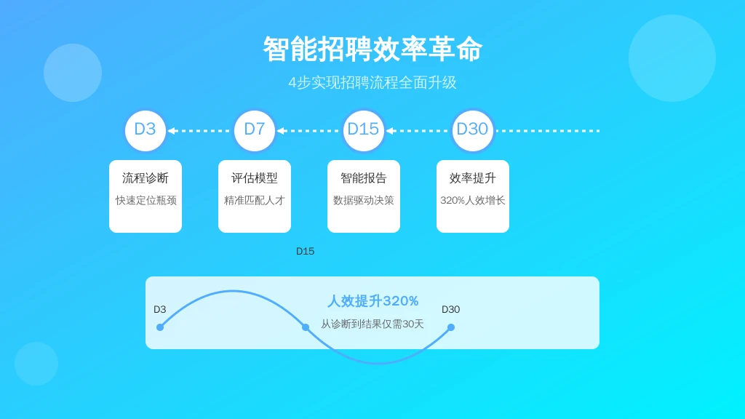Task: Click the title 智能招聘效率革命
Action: pyautogui.click(x=372, y=49)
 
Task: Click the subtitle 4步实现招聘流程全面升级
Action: pyautogui.click(x=372, y=83)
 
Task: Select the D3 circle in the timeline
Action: pyautogui.click(x=146, y=131)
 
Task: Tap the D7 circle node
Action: pyautogui.click(x=255, y=131)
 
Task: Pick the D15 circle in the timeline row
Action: pyautogui.click(x=364, y=131)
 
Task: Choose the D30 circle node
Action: pyautogui.click(x=473, y=131)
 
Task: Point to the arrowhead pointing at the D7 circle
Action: pyautogui.click(x=281, y=131)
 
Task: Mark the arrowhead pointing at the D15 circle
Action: pyautogui.click(x=390, y=131)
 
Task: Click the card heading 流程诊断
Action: pyautogui.click(x=146, y=178)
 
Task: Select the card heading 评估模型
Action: pyautogui.click(x=255, y=178)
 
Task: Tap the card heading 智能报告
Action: pyautogui.click(x=364, y=178)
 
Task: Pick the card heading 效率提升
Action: pyautogui.click(x=473, y=178)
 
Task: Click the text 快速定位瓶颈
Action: pyautogui.click(x=146, y=201)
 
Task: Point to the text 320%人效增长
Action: pyautogui.click(x=473, y=201)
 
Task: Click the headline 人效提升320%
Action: pyautogui.click(x=373, y=300)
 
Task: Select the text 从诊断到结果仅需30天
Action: pyautogui.click(x=372, y=324)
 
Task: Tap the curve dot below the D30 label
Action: pyautogui.click(x=451, y=327)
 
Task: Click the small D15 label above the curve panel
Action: pyautogui.click(x=305, y=251)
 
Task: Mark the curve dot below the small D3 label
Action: pyautogui.click(x=160, y=327)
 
